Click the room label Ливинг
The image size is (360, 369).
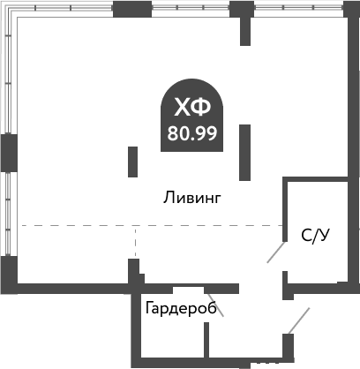(191, 198)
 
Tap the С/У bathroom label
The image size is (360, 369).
(315, 235)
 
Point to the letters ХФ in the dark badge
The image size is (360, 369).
(191, 108)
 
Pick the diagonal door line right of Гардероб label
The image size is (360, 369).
(214, 305)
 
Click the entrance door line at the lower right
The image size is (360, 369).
(300, 320)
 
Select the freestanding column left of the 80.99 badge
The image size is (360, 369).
(133, 162)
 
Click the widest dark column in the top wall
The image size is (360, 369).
(131, 11)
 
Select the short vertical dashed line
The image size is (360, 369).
(134, 242)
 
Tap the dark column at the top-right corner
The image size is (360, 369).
(350, 10)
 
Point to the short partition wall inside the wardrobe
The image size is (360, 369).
(206, 339)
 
